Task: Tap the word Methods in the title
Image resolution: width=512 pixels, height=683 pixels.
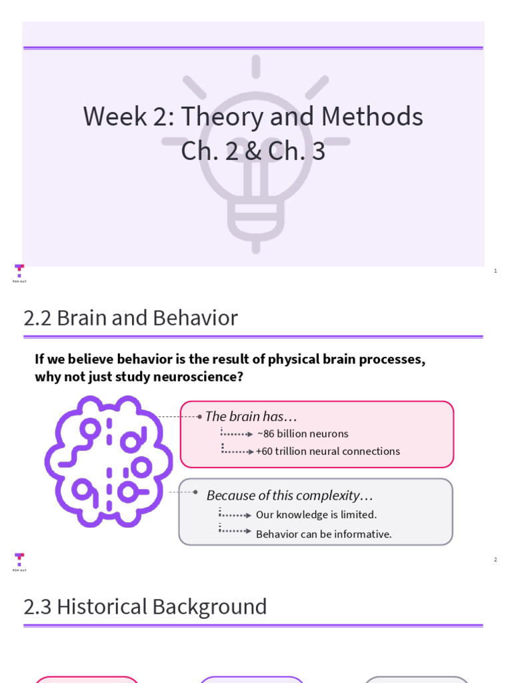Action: pyautogui.click(x=372, y=117)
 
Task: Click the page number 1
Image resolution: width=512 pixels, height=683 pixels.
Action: pyautogui.click(x=495, y=271)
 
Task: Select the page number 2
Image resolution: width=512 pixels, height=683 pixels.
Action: pyautogui.click(x=495, y=560)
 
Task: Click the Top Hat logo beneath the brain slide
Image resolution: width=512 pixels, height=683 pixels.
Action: pyautogui.click(x=19, y=562)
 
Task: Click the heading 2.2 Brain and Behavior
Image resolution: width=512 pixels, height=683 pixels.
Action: pyautogui.click(x=131, y=318)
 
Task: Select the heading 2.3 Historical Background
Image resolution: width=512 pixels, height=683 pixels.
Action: pyautogui.click(x=145, y=607)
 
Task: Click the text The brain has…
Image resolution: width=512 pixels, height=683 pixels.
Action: pyautogui.click(x=251, y=416)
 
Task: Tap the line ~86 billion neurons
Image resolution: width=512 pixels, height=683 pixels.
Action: pyautogui.click(x=302, y=434)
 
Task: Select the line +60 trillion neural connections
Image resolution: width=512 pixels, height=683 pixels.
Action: pyautogui.click(x=328, y=451)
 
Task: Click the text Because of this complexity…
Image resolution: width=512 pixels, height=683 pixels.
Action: pyautogui.click(x=289, y=496)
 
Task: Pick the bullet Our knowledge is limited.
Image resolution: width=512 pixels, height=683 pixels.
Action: pyautogui.click(x=316, y=514)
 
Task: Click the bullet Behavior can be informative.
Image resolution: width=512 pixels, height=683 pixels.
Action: pyautogui.click(x=324, y=534)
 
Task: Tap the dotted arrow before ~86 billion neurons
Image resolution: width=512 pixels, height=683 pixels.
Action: pyautogui.click(x=237, y=433)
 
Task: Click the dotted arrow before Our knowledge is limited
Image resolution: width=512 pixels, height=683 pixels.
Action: pyautogui.click(x=235, y=514)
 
